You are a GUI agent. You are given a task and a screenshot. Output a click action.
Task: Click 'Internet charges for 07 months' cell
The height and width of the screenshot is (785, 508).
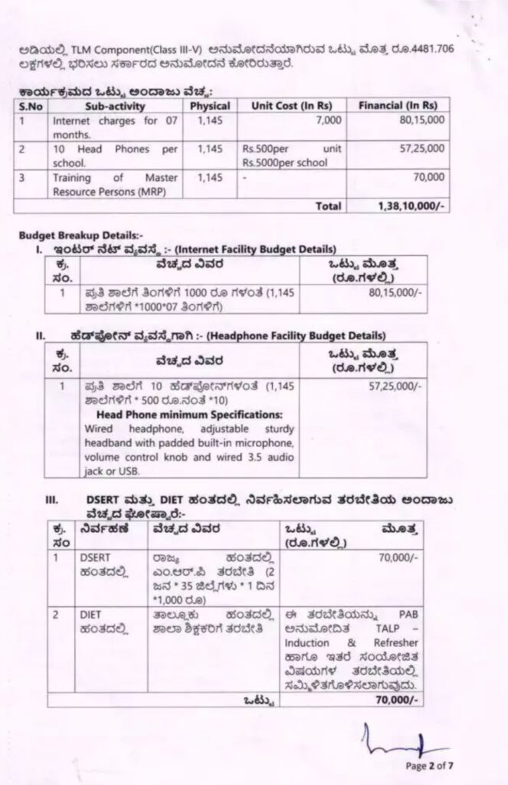(114, 126)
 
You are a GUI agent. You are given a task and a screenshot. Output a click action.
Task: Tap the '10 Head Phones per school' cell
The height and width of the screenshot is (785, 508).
(114, 154)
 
